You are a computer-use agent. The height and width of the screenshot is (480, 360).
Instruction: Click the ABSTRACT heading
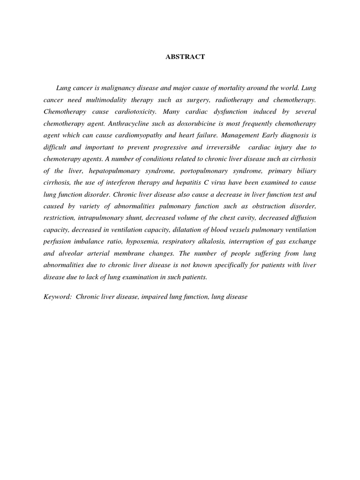[185, 57]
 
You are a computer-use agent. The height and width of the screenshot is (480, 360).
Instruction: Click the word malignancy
[109, 88]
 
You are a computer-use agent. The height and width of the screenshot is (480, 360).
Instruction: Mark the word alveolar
[68, 253]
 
